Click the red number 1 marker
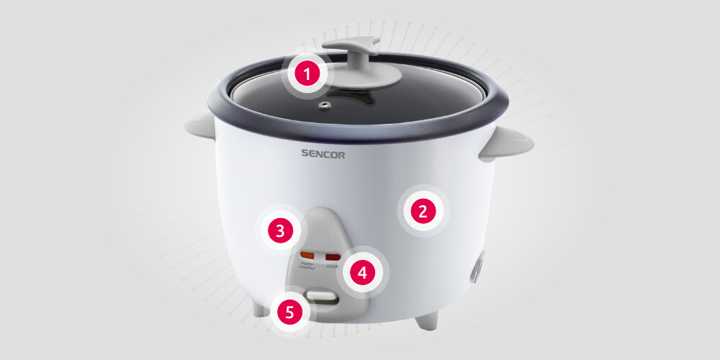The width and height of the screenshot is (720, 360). coord(307,74)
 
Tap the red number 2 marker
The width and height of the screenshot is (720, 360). coord(423,212)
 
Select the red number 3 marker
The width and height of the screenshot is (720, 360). coord(280,231)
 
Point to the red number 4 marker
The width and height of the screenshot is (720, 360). coord(362,273)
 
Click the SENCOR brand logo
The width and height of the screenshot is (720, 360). coord(323,153)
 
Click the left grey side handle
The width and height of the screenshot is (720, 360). coord(199,126)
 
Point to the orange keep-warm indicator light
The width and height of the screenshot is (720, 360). coord(307,255)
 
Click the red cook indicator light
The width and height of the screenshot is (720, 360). coord(332,256)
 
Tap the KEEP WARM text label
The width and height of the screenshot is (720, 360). coord(307,266)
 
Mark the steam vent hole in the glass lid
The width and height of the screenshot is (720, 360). coord(326,107)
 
